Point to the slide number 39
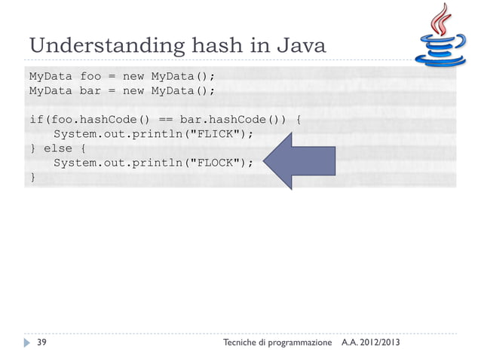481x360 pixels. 44,343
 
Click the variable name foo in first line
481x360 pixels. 90,76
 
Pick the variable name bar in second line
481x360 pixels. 90,90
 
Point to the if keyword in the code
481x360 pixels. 35,119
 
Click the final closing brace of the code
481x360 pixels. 32,176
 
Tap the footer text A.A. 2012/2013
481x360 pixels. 371,343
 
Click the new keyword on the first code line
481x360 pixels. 134,76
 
